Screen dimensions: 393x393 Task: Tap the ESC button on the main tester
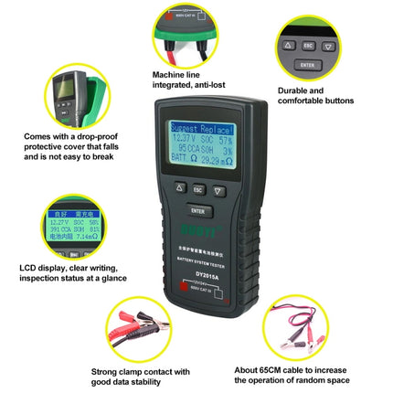pos(196,190)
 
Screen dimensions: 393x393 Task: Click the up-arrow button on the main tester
pos(175,191)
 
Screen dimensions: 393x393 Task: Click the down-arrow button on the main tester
pos(219,190)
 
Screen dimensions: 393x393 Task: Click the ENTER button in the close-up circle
pos(307,65)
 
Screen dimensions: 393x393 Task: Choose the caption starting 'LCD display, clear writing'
pos(73,271)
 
